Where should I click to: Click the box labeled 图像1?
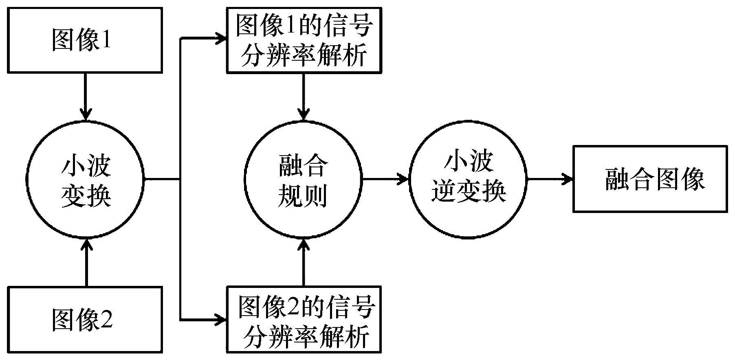click(x=85, y=40)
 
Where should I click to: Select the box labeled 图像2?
click(x=85, y=319)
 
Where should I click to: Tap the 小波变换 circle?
click(x=86, y=178)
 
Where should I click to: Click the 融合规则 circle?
click(x=303, y=178)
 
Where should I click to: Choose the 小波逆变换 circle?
click(x=468, y=178)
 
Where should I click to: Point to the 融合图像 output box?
click(x=650, y=179)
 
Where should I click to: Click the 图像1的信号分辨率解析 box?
click(x=304, y=40)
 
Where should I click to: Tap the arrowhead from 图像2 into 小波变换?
click(x=86, y=243)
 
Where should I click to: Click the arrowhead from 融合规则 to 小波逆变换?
click(x=404, y=178)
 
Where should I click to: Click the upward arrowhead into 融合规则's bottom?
click(x=304, y=244)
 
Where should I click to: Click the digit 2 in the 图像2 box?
click(x=106, y=319)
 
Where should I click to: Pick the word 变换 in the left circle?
click(x=86, y=197)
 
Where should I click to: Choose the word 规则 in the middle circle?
click(x=302, y=197)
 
